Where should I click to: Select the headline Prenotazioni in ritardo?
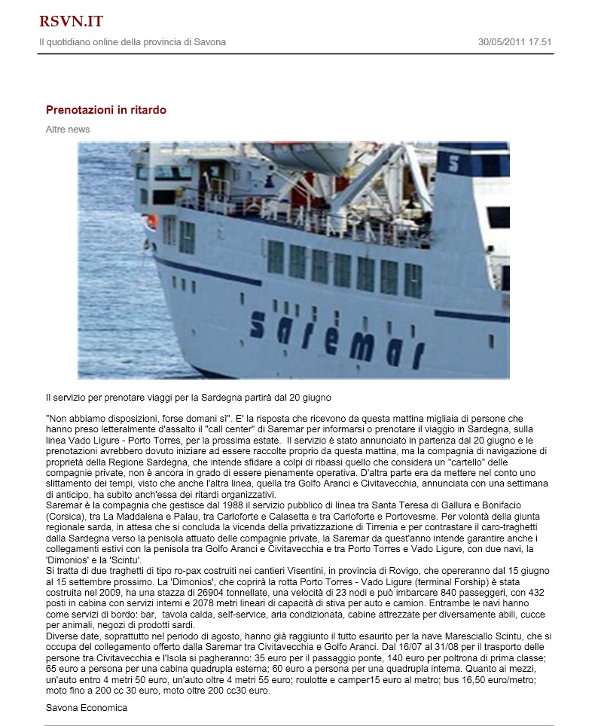(106, 110)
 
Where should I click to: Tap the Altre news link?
(68, 130)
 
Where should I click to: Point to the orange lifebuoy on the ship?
(151, 221)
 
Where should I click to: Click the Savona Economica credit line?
(87, 707)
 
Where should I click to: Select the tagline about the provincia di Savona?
(132, 42)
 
